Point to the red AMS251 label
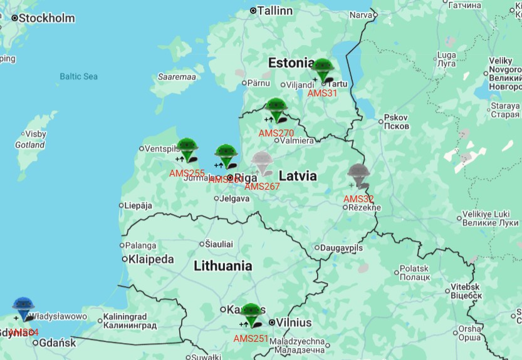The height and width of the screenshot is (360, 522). (x=251, y=339)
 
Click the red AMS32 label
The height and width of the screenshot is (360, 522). (x=358, y=199)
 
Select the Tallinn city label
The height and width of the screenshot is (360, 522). (x=275, y=11)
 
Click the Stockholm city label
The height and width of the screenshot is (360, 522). (x=46, y=18)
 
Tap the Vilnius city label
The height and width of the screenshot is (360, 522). (x=295, y=322)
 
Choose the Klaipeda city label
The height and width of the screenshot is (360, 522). (x=151, y=259)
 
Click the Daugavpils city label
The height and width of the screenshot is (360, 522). (x=342, y=248)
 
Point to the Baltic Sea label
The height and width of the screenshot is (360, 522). (x=79, y=76)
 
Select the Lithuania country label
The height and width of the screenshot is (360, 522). (x=223, y=265)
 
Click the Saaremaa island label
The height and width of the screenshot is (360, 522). (x=177, y=77)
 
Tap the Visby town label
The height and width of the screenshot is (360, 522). (x=35, y=134)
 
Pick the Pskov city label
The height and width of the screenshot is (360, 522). (x=396, y=118)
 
